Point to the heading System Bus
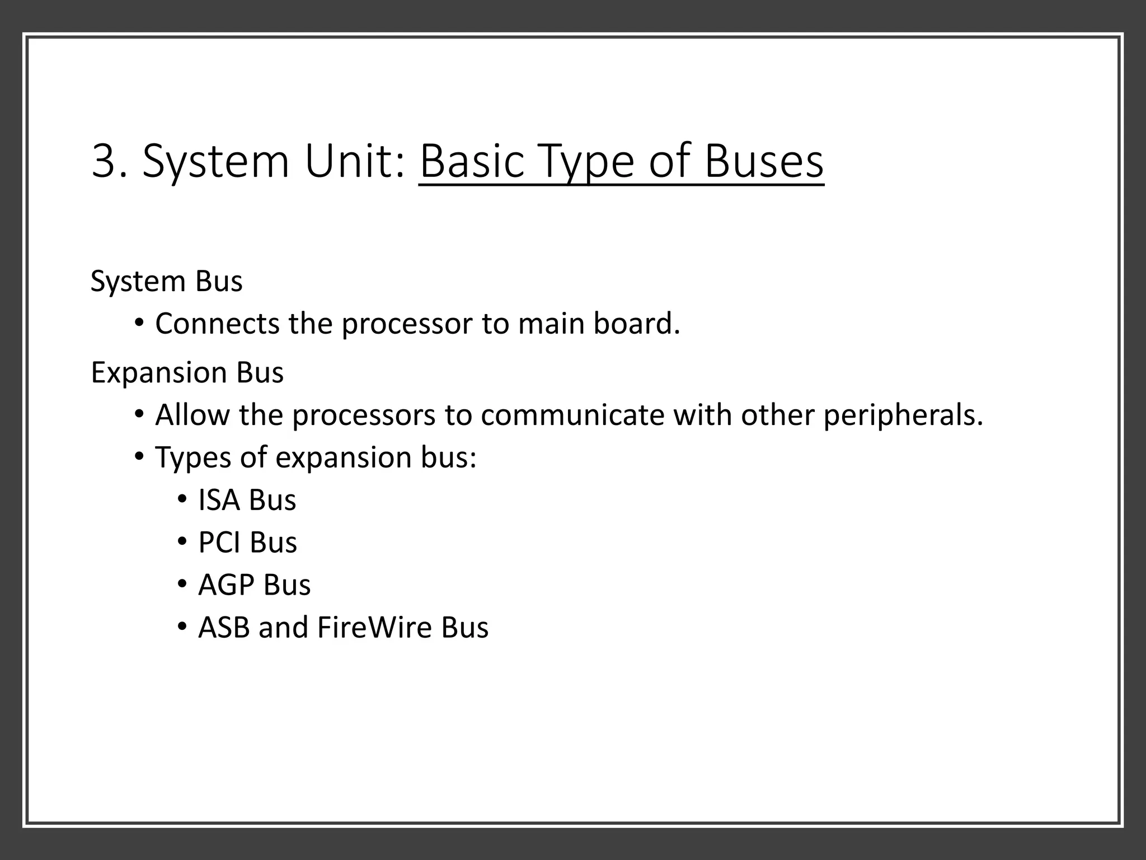point(167,281)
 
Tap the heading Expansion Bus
point(187,372)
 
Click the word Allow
point(192,415)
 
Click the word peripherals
point(903,415)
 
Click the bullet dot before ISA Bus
point(181,498)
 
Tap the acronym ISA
point(219,500)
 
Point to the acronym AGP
point(226,585)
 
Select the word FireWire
point(374,628)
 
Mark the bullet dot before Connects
point(139,322)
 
